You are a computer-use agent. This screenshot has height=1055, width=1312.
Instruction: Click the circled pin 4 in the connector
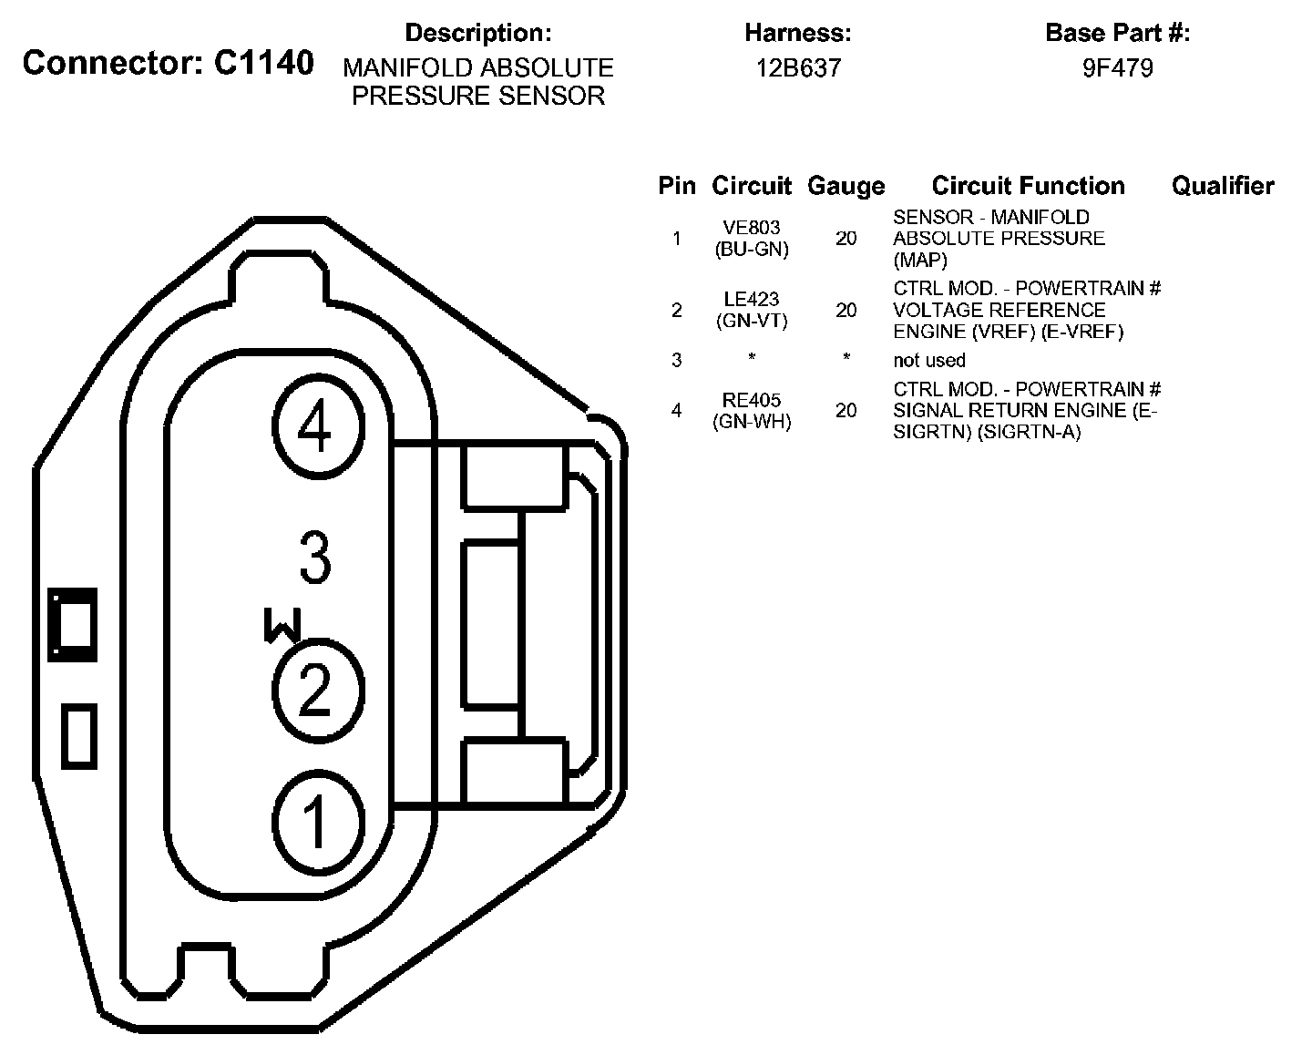click(x=315, y=428)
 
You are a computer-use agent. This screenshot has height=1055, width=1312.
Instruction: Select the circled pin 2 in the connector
click(x=315, y=690)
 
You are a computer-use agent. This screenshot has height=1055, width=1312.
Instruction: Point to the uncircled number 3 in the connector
click(x=315, y=558)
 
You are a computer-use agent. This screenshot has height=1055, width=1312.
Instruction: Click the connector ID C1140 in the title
click(x=264, y=64)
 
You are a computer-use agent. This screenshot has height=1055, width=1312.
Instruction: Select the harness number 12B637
click(x=798, y=68)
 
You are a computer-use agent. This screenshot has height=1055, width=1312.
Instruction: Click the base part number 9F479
click(x=1117, y=68)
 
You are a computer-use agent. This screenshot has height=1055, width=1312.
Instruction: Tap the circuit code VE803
click(x=752, y=228)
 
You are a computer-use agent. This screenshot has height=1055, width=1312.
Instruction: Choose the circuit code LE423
click(x=752, y=300)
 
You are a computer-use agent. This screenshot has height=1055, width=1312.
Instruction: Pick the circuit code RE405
click(x=752, y=400)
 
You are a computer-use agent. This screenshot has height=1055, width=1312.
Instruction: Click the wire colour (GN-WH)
click(x=752, y=422)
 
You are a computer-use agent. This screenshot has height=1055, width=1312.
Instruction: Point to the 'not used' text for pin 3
click(x=929, y=360)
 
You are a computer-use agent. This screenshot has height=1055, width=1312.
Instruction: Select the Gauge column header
click(x=846, y=187)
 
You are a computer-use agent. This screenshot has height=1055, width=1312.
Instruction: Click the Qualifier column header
click(x=1223, y=187)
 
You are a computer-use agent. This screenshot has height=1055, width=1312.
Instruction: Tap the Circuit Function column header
click(x=1028, y=187)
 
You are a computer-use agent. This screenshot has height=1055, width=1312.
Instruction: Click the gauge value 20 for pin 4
click(x=846, y=411)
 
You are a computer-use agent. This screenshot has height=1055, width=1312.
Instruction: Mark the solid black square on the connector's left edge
click(x=72, y=625)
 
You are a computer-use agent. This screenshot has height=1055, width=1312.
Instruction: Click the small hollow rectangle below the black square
click(x=79, y=736)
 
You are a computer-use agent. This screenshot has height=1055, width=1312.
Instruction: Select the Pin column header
click(x=677, y=187)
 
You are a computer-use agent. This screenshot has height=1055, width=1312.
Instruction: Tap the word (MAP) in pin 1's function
click(x=920, y=260)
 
